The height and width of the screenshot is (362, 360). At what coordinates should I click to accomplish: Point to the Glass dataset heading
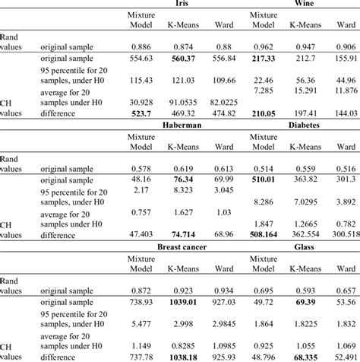click(304, 248)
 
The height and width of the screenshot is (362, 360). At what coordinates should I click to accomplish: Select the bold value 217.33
click(263, 59)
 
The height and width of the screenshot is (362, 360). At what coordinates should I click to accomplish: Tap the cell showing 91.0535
click(175, 101)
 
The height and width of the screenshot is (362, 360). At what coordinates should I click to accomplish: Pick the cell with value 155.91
click(344, 59)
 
